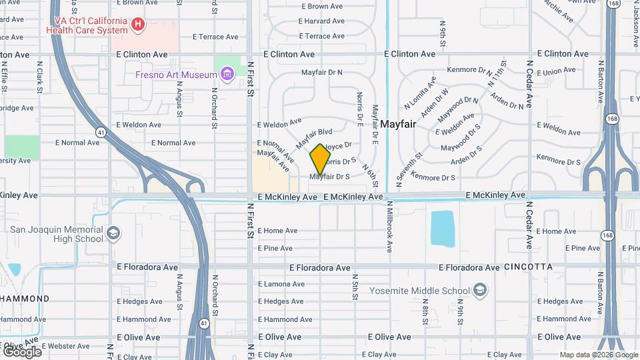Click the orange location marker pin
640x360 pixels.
coord(321,159)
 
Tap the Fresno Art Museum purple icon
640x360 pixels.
coord(227,73)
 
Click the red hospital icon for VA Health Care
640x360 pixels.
coord(138,25)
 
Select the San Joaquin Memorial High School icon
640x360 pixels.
coord(114,233)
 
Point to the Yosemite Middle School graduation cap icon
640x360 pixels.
coord(481,290)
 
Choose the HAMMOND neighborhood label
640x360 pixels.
coord(25,298)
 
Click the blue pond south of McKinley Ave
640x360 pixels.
coord(442,229)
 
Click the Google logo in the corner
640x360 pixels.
coord(22,351)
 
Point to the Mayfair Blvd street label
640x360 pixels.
coord(314,138)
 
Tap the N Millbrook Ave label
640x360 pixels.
coord(390,227)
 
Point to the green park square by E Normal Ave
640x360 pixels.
coord(22,147)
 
